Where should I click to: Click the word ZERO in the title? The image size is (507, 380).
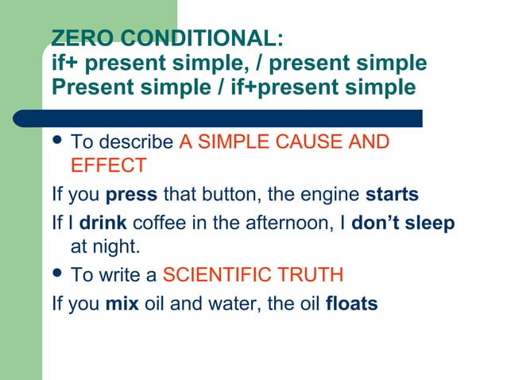pos(76,38)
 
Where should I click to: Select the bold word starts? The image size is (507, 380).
pos(392,195)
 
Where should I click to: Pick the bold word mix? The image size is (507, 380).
pos(121,304)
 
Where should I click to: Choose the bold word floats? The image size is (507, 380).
pos(352,304)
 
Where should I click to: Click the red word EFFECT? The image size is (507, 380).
pos(108,166)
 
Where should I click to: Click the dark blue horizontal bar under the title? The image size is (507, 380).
pos(230,118)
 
